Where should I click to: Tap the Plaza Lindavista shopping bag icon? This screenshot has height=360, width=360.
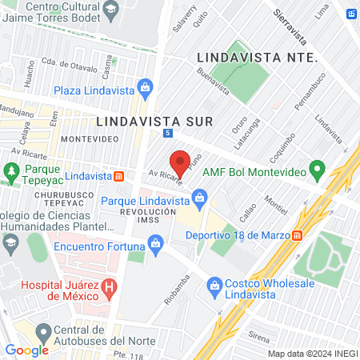pyautogui.click(x=145, y=86)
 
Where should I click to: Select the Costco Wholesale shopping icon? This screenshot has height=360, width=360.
pyautogui.click(x=214, y=285)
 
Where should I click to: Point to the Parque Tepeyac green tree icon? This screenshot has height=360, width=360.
pyautogui.click(x=11, y=170)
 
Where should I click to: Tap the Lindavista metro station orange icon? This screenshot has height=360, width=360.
pyautogui.click(x=118, y=176)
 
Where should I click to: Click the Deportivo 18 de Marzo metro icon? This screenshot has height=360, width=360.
pyautogui.click(x=297, y=235)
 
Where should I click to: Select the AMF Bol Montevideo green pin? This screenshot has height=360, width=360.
pyautogui.click(x=317, y=169)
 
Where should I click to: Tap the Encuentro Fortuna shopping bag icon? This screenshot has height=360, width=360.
pyautogui.click(x=157, y=241)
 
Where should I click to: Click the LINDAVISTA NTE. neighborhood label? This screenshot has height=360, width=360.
pyautogui.click(x=258, y=58)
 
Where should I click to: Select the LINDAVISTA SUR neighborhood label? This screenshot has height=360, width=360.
pyautogui.click(x=154, y=121)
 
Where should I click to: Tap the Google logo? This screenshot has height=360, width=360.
pyautogui.click(x=26, y=350)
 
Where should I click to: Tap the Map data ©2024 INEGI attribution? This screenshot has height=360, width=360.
pyautogui.click(x=312, y=354)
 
